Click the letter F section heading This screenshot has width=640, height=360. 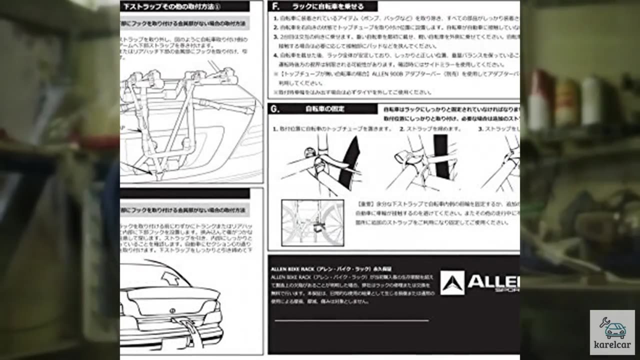274,6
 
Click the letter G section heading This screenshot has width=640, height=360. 274,108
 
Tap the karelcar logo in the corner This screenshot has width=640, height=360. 612,332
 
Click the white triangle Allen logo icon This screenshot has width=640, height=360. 452,282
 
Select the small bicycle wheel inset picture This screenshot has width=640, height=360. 312,222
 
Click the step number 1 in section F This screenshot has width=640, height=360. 275,18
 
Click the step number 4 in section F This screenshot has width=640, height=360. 275,55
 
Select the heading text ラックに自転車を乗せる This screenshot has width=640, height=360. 328,6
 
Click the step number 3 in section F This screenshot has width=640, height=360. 275,37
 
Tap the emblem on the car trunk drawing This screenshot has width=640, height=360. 173,311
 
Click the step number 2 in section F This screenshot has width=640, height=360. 275,27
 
